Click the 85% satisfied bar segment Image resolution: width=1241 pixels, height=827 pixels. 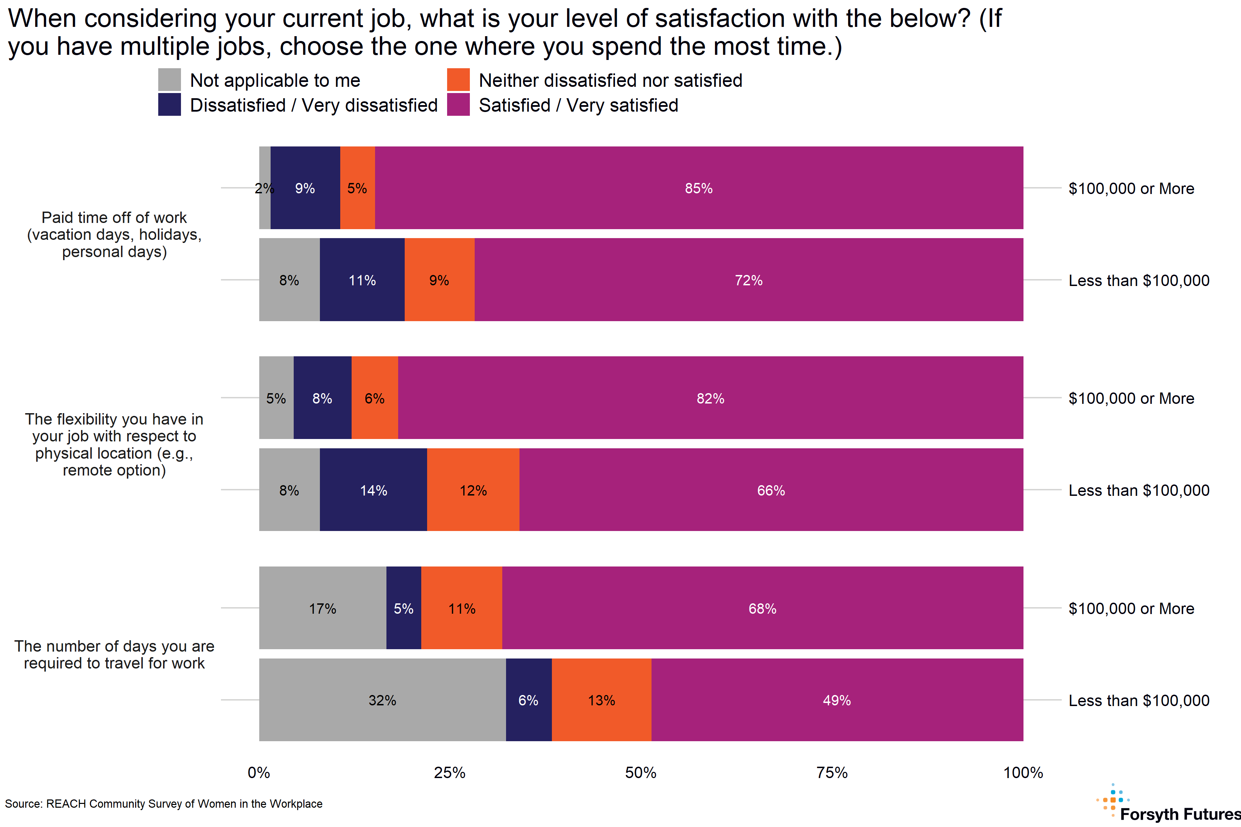click(699, 188)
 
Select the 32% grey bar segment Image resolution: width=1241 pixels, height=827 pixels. click(382, 700)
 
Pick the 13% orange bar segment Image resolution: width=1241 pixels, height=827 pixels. click(602, 700)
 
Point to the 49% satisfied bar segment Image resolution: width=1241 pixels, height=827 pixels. click(837, 700)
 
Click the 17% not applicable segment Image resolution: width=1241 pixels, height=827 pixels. click(322, 608)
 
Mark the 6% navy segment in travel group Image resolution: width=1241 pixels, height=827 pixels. click(528, 700)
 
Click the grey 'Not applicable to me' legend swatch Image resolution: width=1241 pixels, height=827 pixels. click(169, 80)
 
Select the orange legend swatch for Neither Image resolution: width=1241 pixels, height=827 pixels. click(458, 80)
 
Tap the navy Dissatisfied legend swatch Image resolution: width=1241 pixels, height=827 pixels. click(169, 104)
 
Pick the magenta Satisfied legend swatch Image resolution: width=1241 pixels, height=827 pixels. click(458, 104)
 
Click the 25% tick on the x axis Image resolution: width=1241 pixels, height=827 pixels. click(450, 773)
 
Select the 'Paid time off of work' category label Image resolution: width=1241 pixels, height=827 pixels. click(114, 234)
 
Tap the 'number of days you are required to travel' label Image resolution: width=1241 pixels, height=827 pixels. click(114, 654)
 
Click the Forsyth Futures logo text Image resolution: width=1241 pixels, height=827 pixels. click(1180, 814)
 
